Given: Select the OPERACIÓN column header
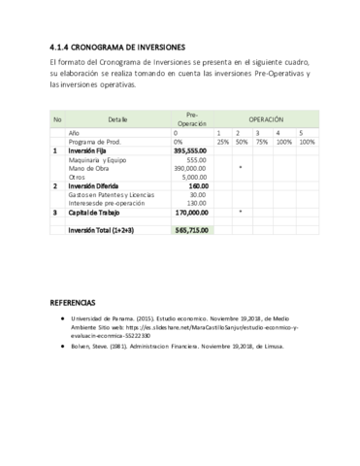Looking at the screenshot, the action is click(266, 118).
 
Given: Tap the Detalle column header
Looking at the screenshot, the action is click(118, 118).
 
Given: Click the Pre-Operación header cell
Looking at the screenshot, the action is click(192, 118).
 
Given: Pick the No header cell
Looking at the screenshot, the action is click(57, 118).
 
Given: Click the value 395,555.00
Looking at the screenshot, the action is click(190, 150).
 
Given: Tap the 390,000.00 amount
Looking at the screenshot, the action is click(191, 168).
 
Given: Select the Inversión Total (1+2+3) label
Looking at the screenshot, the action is click(106, 230).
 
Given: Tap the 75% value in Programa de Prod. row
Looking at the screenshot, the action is click(261, 142).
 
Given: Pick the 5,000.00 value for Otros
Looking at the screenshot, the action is click(194, 177).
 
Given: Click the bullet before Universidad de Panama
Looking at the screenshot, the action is click(61, 318).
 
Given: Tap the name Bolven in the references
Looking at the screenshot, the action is click(83, 347).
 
